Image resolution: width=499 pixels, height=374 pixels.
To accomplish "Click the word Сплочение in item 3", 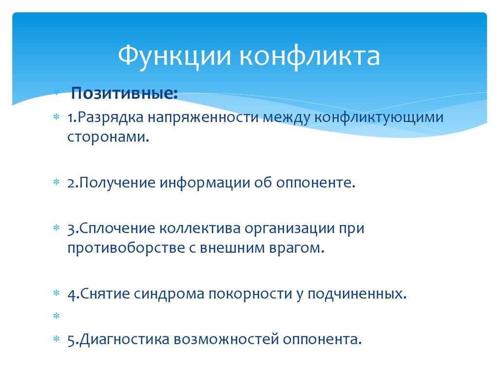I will pos(116,228).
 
